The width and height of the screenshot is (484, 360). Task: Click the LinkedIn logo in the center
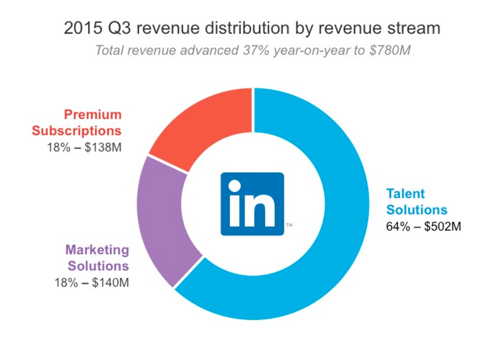(x=252, y=203)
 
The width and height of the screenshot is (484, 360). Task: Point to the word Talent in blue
(x=405, y=193)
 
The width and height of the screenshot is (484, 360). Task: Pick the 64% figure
(x=397, y=226)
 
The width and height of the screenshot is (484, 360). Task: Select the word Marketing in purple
(x=97, y=249)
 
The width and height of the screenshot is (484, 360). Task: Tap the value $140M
(x=108, y=283)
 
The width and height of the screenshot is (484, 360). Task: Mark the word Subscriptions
(x=76, y=130)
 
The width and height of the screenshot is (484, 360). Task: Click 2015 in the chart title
(x=79, y=28)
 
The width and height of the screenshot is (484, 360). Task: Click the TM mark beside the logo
(x=289, y=226)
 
